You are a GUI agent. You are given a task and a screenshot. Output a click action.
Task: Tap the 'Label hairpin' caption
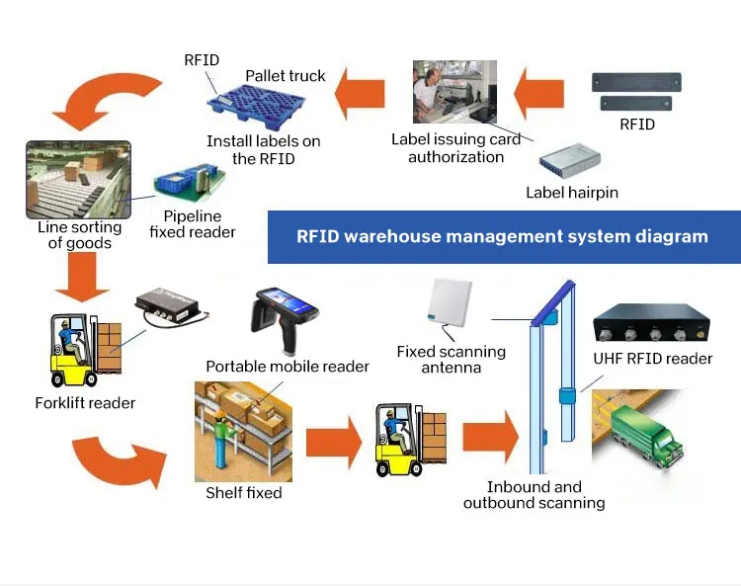(x=572, y=193)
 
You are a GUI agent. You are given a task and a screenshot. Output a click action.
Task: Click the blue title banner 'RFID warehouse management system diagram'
(x=503, y=236)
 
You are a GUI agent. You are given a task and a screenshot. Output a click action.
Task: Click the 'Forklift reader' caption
(x=85, y=402)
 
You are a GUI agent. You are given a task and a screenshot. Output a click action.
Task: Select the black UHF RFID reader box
(x=651, y=325)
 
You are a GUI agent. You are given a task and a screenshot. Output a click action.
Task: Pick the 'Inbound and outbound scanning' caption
(x=535, y=495)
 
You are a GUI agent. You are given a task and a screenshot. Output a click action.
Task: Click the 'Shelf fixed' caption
(x=243, y=492)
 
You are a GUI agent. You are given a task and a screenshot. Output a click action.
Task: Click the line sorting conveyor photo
(x=75, y=179)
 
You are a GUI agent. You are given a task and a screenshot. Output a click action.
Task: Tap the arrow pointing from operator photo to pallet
(x=363, y=95)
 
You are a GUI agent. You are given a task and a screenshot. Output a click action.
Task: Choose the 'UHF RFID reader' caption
(x=652, y=359)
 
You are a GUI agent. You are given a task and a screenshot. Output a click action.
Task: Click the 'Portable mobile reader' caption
(x=288, y=367)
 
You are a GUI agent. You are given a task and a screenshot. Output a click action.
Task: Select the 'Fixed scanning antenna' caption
(x=451, y=360)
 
